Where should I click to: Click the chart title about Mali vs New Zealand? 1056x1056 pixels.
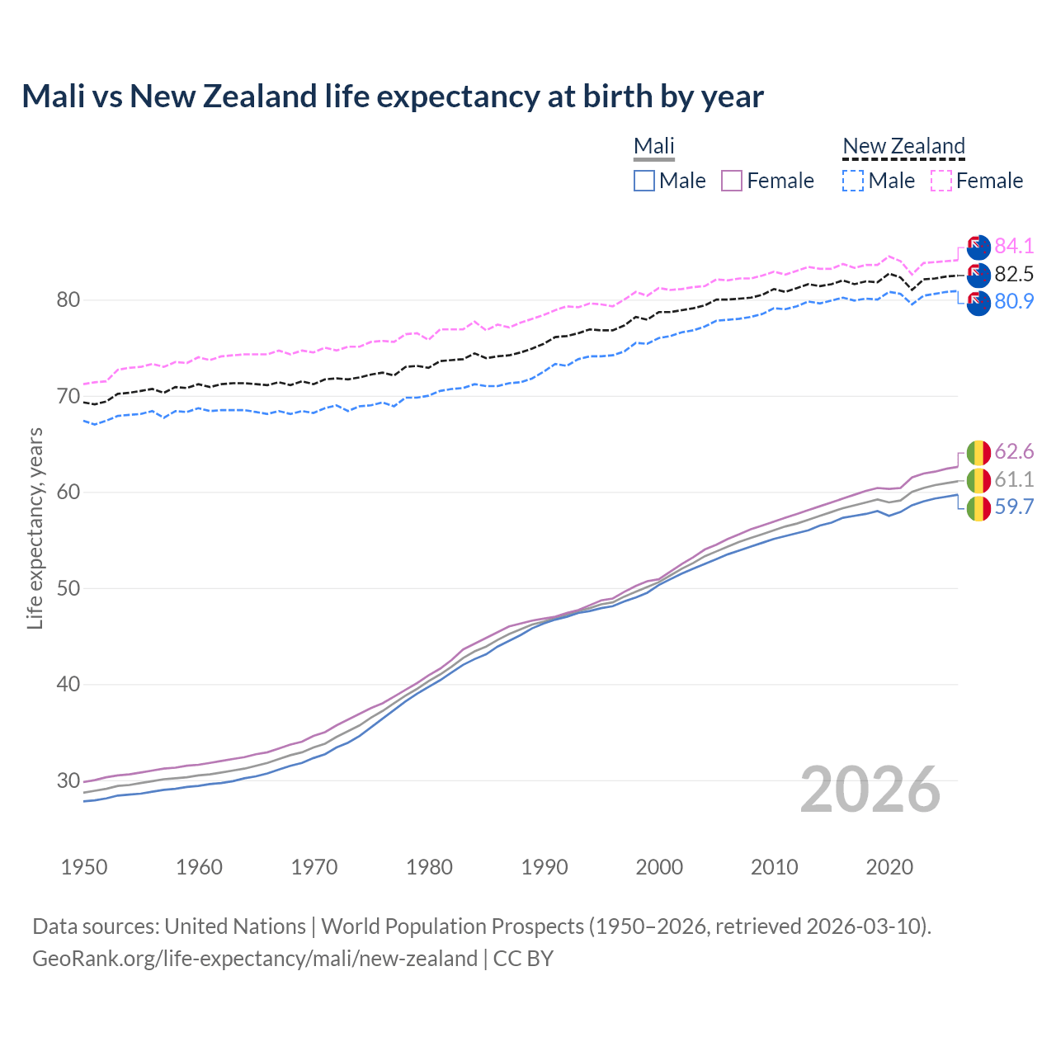393,97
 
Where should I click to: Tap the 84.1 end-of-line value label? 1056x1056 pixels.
1014,246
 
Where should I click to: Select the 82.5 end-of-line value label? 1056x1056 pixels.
1014,274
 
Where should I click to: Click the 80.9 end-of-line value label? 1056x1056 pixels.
1014,301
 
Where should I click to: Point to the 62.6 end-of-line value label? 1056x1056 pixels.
1014,451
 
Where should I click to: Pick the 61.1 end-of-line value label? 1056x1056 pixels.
1014,479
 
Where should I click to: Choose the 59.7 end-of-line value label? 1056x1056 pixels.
1014,507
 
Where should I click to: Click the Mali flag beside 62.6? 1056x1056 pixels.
978,453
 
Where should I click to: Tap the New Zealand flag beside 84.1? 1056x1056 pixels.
978,247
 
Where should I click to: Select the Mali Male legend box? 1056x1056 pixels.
644,181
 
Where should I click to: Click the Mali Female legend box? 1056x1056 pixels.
732,181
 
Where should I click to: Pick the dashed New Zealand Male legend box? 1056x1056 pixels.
853,181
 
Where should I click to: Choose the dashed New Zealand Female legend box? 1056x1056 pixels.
941,181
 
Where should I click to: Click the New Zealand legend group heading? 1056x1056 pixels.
903,146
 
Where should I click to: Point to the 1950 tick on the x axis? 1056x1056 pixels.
84,867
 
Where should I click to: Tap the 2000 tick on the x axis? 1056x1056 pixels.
659,867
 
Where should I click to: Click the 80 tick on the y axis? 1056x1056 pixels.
68,299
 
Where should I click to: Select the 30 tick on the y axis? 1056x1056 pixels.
68,780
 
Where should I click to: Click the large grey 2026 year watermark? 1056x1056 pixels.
870,790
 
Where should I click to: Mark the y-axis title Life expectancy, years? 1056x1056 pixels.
35,528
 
